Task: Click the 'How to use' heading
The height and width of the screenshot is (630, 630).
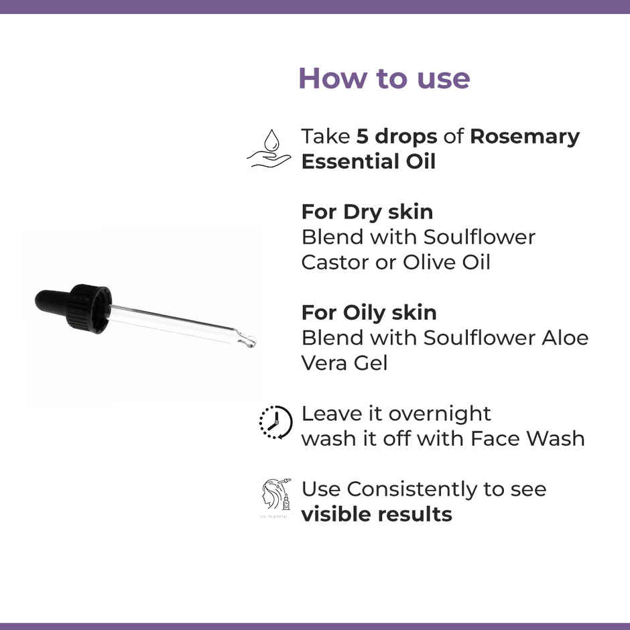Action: click(x=383, y=78)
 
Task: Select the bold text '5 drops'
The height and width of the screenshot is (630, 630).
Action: click(x=397, y=137)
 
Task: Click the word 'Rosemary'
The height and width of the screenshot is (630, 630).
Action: click(x=524, y=137)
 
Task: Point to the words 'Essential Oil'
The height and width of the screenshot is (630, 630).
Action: click(x=368, y=162)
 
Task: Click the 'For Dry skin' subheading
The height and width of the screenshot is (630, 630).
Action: click(x=367, y=212)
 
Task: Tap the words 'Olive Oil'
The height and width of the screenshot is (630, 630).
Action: click(x=446, y=263)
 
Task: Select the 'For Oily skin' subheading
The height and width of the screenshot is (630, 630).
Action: click(x=369, y=313)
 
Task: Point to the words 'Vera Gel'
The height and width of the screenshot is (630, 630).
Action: click(x=344, y=363)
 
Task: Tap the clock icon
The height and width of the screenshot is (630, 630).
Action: click(x=275, y=422)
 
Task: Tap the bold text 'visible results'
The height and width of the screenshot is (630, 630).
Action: click(x=376, y=515)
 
